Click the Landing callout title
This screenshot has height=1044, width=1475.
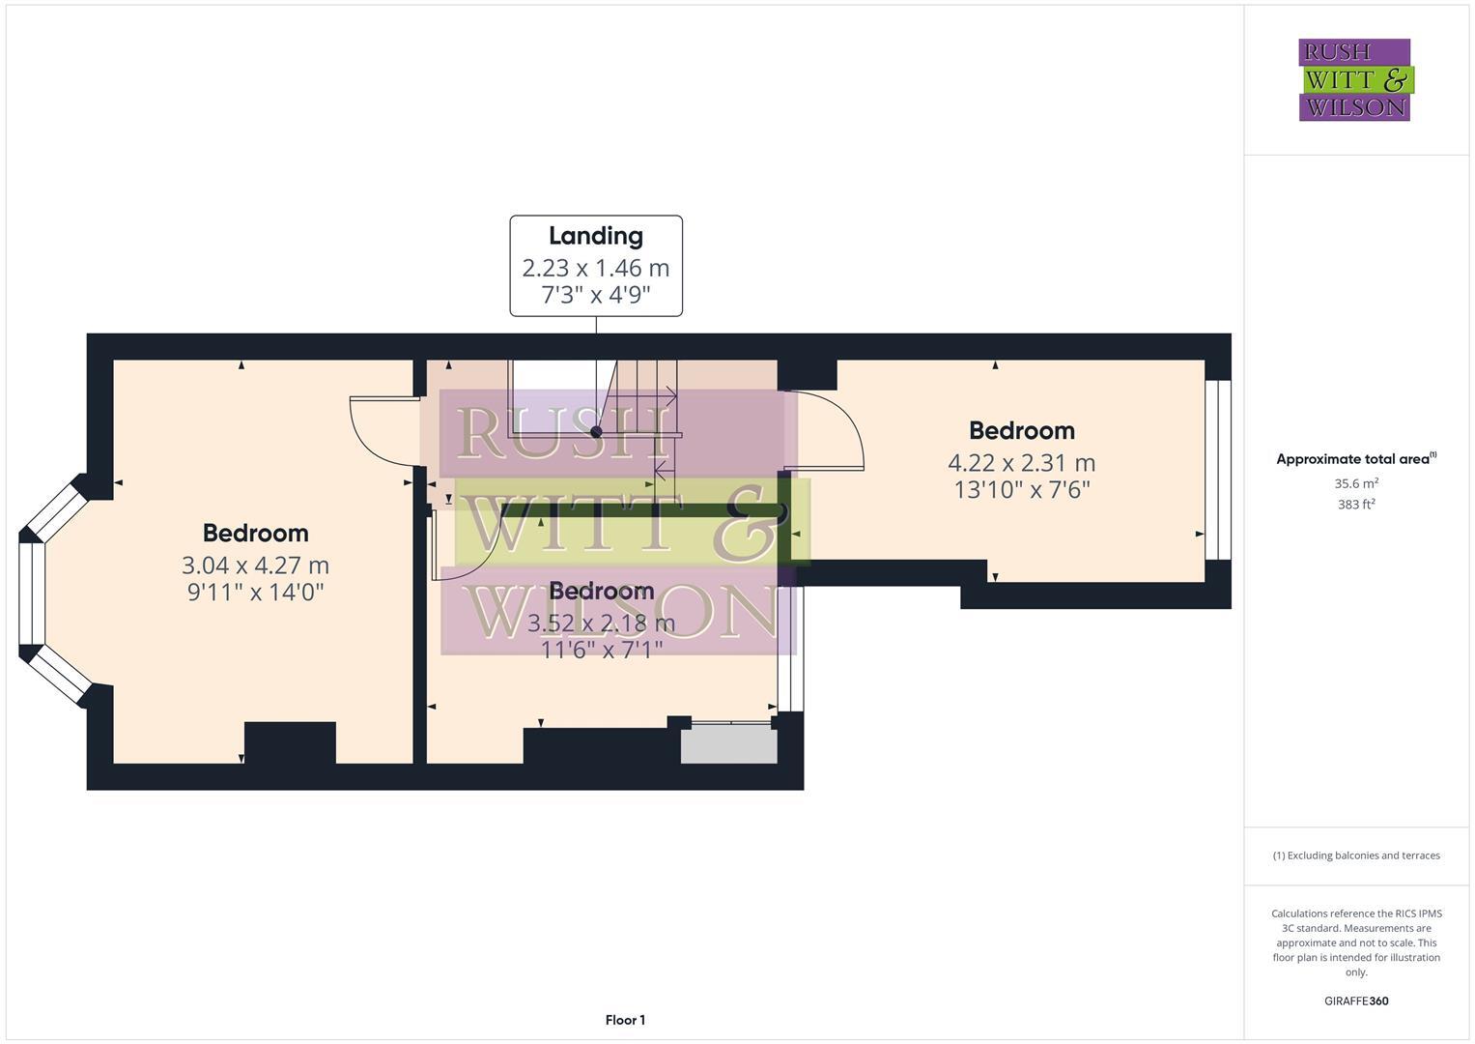tap(596, 236)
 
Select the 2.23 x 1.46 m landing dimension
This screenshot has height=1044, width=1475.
tap(596, 268)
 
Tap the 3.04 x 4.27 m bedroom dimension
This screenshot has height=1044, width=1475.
tap(256, 565)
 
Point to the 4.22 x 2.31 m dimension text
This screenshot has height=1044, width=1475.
tap(1022, 463)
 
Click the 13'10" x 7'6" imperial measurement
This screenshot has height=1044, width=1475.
tap(1022, 490)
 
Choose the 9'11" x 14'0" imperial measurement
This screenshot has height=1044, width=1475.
tap(256, 592)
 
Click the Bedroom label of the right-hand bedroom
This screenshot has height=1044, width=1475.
tap(1022, 430)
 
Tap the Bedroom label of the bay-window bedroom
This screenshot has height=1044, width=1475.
tap(256, 533)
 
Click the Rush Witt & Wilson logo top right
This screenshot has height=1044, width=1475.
tap(1355, 80)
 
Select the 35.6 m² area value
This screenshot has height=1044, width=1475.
tap(1356, 483)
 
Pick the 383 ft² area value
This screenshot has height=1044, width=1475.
tap(1356, 505)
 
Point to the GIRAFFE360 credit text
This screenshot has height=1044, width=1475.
tap(1356, 1001)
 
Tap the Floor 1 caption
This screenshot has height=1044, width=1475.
tap(625, 1020)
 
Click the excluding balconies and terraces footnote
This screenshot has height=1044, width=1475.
tap(1356, 855)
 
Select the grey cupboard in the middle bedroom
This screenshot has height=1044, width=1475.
tap(728, 746)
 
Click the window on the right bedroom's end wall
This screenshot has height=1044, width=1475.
tap(1218, 470)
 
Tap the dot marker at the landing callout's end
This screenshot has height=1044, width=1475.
tap(596, 432)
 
